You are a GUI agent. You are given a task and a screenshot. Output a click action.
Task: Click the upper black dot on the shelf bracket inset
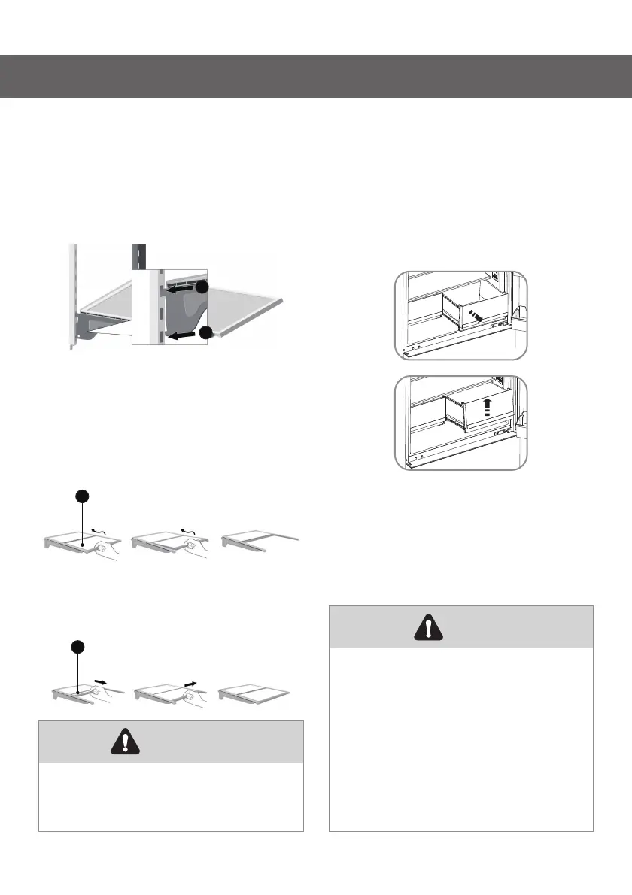pos(201,287)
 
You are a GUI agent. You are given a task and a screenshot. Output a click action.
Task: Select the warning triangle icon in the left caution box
pos(119,742)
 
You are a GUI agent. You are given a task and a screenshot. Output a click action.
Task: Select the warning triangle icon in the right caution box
pos(428,627)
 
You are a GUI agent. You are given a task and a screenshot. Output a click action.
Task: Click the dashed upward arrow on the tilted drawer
pos(488,407)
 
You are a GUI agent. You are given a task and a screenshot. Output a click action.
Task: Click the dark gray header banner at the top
pos(316,76)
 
